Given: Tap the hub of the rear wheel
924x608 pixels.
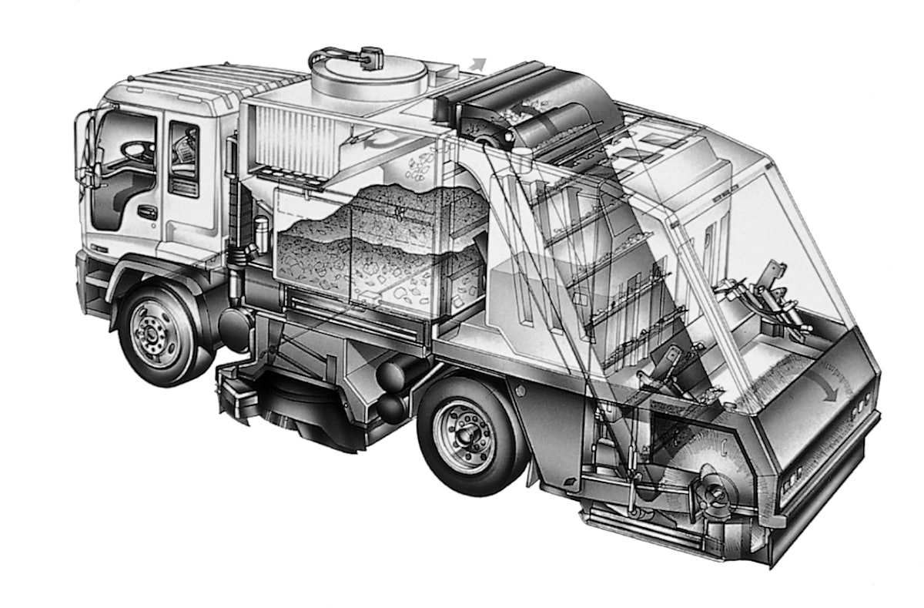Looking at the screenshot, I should pos(464,435).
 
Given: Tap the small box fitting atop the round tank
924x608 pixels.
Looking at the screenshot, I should pos(371,56).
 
